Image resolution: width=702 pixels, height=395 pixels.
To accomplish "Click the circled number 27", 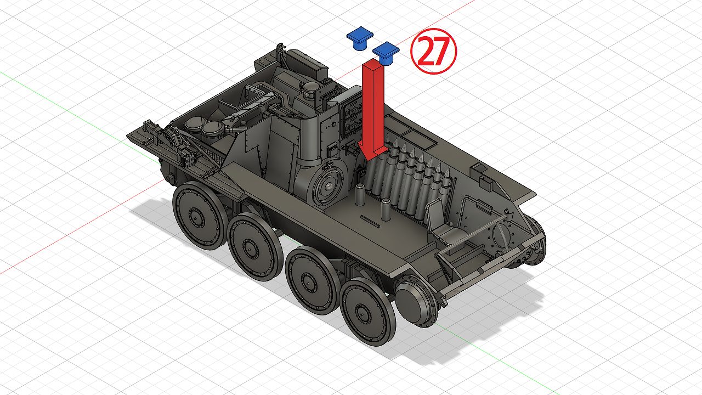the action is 433,51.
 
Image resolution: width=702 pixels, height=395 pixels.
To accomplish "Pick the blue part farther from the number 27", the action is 360,37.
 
